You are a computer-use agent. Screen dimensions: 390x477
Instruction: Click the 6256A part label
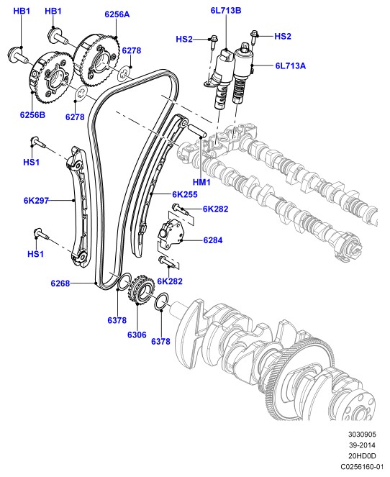(x=117, y=14)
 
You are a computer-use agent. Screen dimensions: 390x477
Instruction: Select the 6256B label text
(x=32, y=115)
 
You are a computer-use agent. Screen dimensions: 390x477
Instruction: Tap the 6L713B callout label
(x=226, y=11)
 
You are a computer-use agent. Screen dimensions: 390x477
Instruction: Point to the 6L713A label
(x=290, y=65)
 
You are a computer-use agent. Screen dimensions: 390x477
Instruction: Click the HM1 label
(x=201, y=182)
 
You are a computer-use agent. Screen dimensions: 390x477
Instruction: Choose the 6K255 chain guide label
(x=185, y=194)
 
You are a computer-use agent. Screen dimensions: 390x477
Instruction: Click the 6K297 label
(x=36, y=201)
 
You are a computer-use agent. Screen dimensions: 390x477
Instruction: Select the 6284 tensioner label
(x=213, y=240)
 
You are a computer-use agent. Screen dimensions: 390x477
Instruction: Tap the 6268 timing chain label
(x=60, y=283)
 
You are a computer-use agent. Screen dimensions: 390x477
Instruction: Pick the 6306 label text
(x=137, y=335)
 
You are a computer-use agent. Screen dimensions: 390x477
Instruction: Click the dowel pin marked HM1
(x=197, y=131)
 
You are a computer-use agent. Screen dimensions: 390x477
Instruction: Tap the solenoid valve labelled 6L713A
(x=242, y=73)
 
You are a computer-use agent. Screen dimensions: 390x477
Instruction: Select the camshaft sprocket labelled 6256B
(x=51, y=78)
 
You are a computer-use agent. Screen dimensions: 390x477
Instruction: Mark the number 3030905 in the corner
(x=362, y=435)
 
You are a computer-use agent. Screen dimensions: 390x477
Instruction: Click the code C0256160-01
(x=361, y=467)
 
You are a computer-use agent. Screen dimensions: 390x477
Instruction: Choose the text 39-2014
(x=362, y=445)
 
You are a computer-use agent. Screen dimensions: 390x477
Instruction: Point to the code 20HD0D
(x=362, y=455)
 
